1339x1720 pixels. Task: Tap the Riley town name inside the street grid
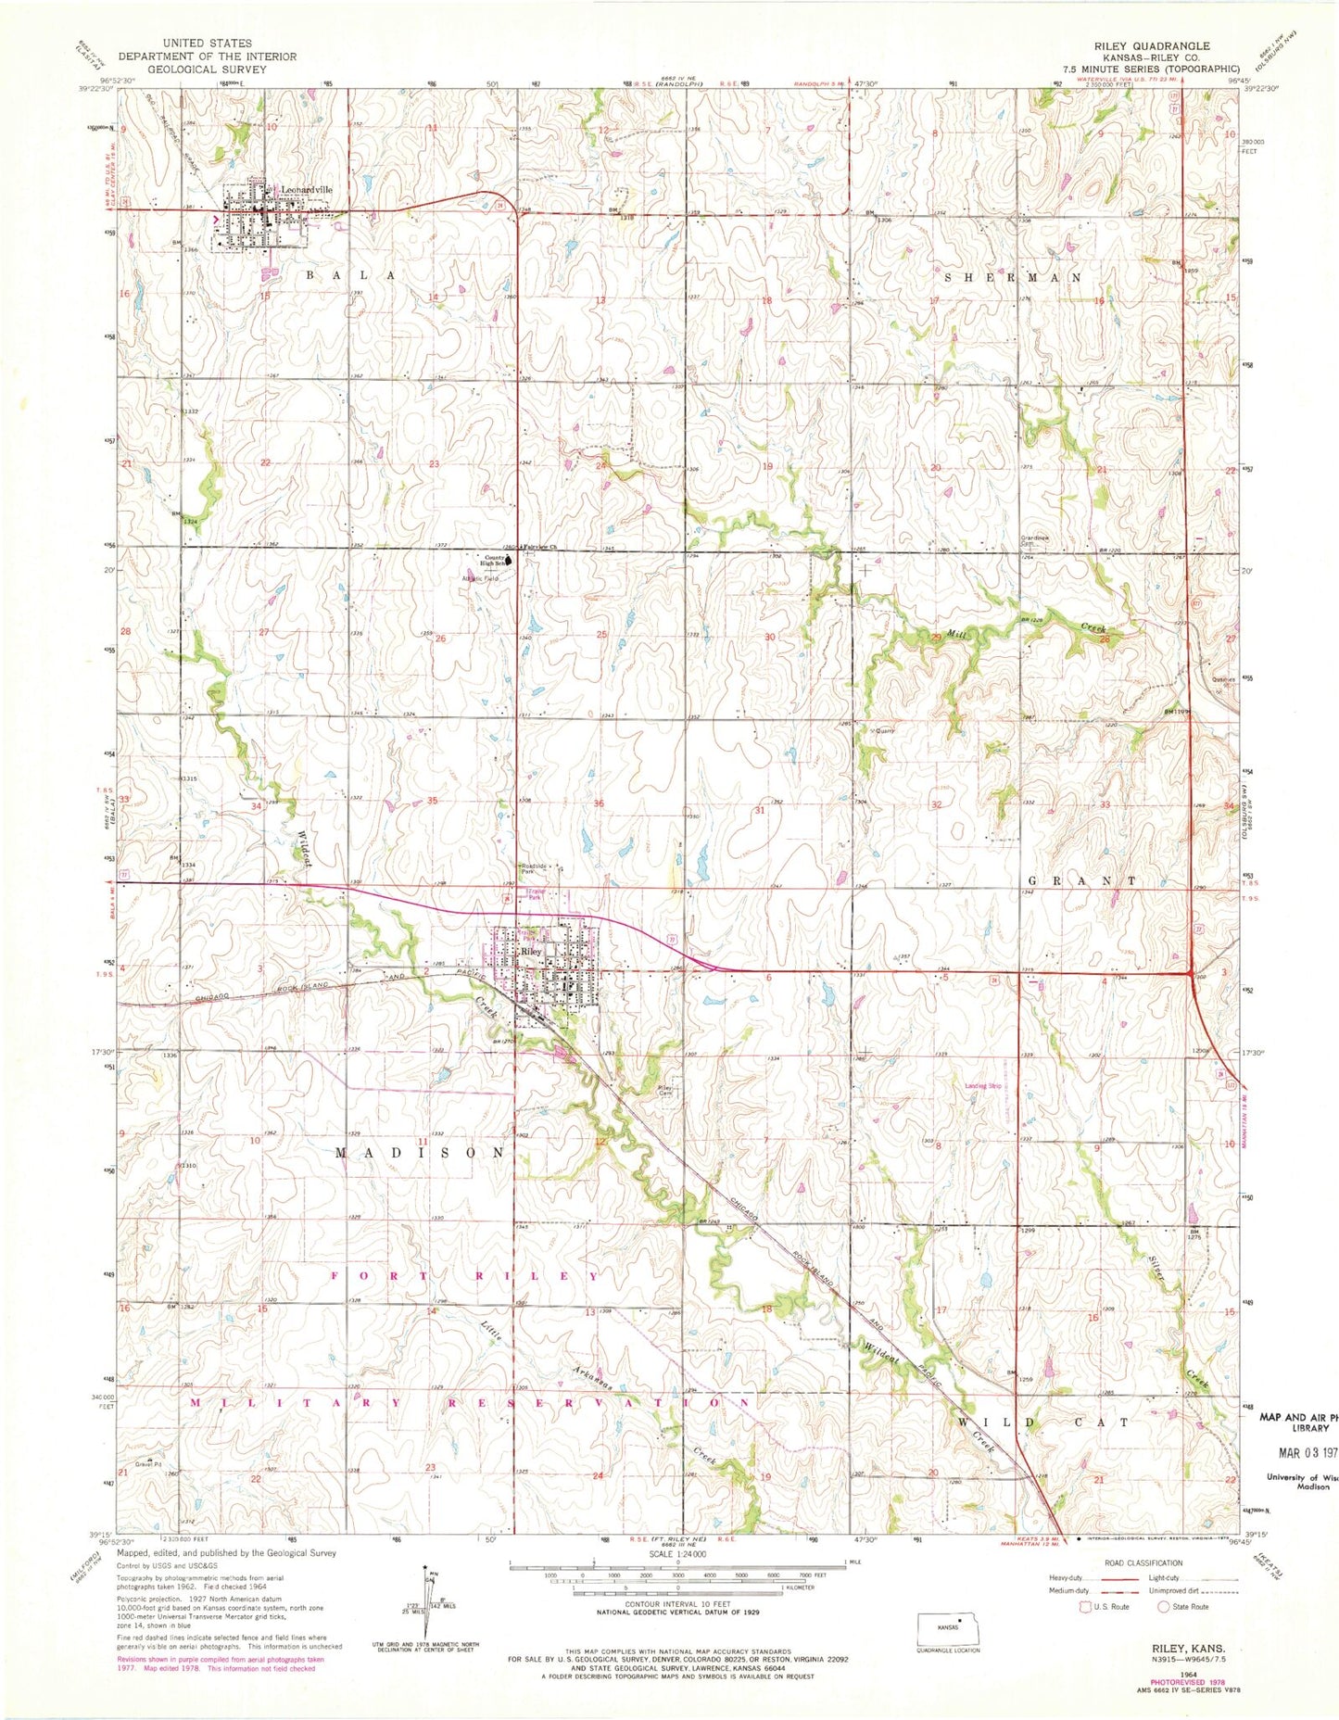click(530, 952)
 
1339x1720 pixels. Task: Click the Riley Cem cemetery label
click(664, 1091)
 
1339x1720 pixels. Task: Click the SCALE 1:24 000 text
click(677, 1554)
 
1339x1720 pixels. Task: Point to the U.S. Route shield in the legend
click(1086, 1606)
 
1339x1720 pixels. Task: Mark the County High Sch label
click(492, 562)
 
